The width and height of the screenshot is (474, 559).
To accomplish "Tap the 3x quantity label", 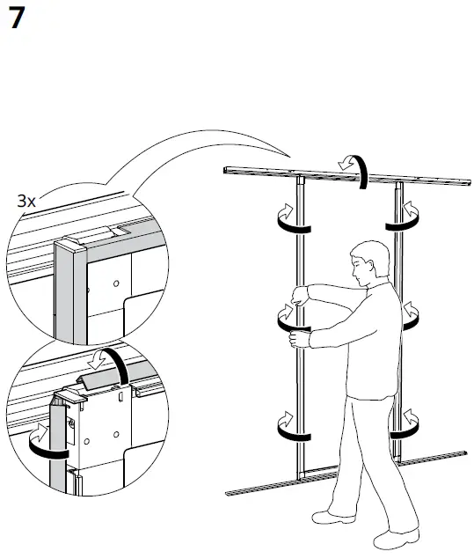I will [27, 202].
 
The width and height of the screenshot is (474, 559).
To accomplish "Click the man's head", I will [368, 261].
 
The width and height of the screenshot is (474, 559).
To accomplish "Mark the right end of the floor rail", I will [463, 454].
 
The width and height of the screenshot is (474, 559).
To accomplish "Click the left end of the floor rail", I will [230, 491].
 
